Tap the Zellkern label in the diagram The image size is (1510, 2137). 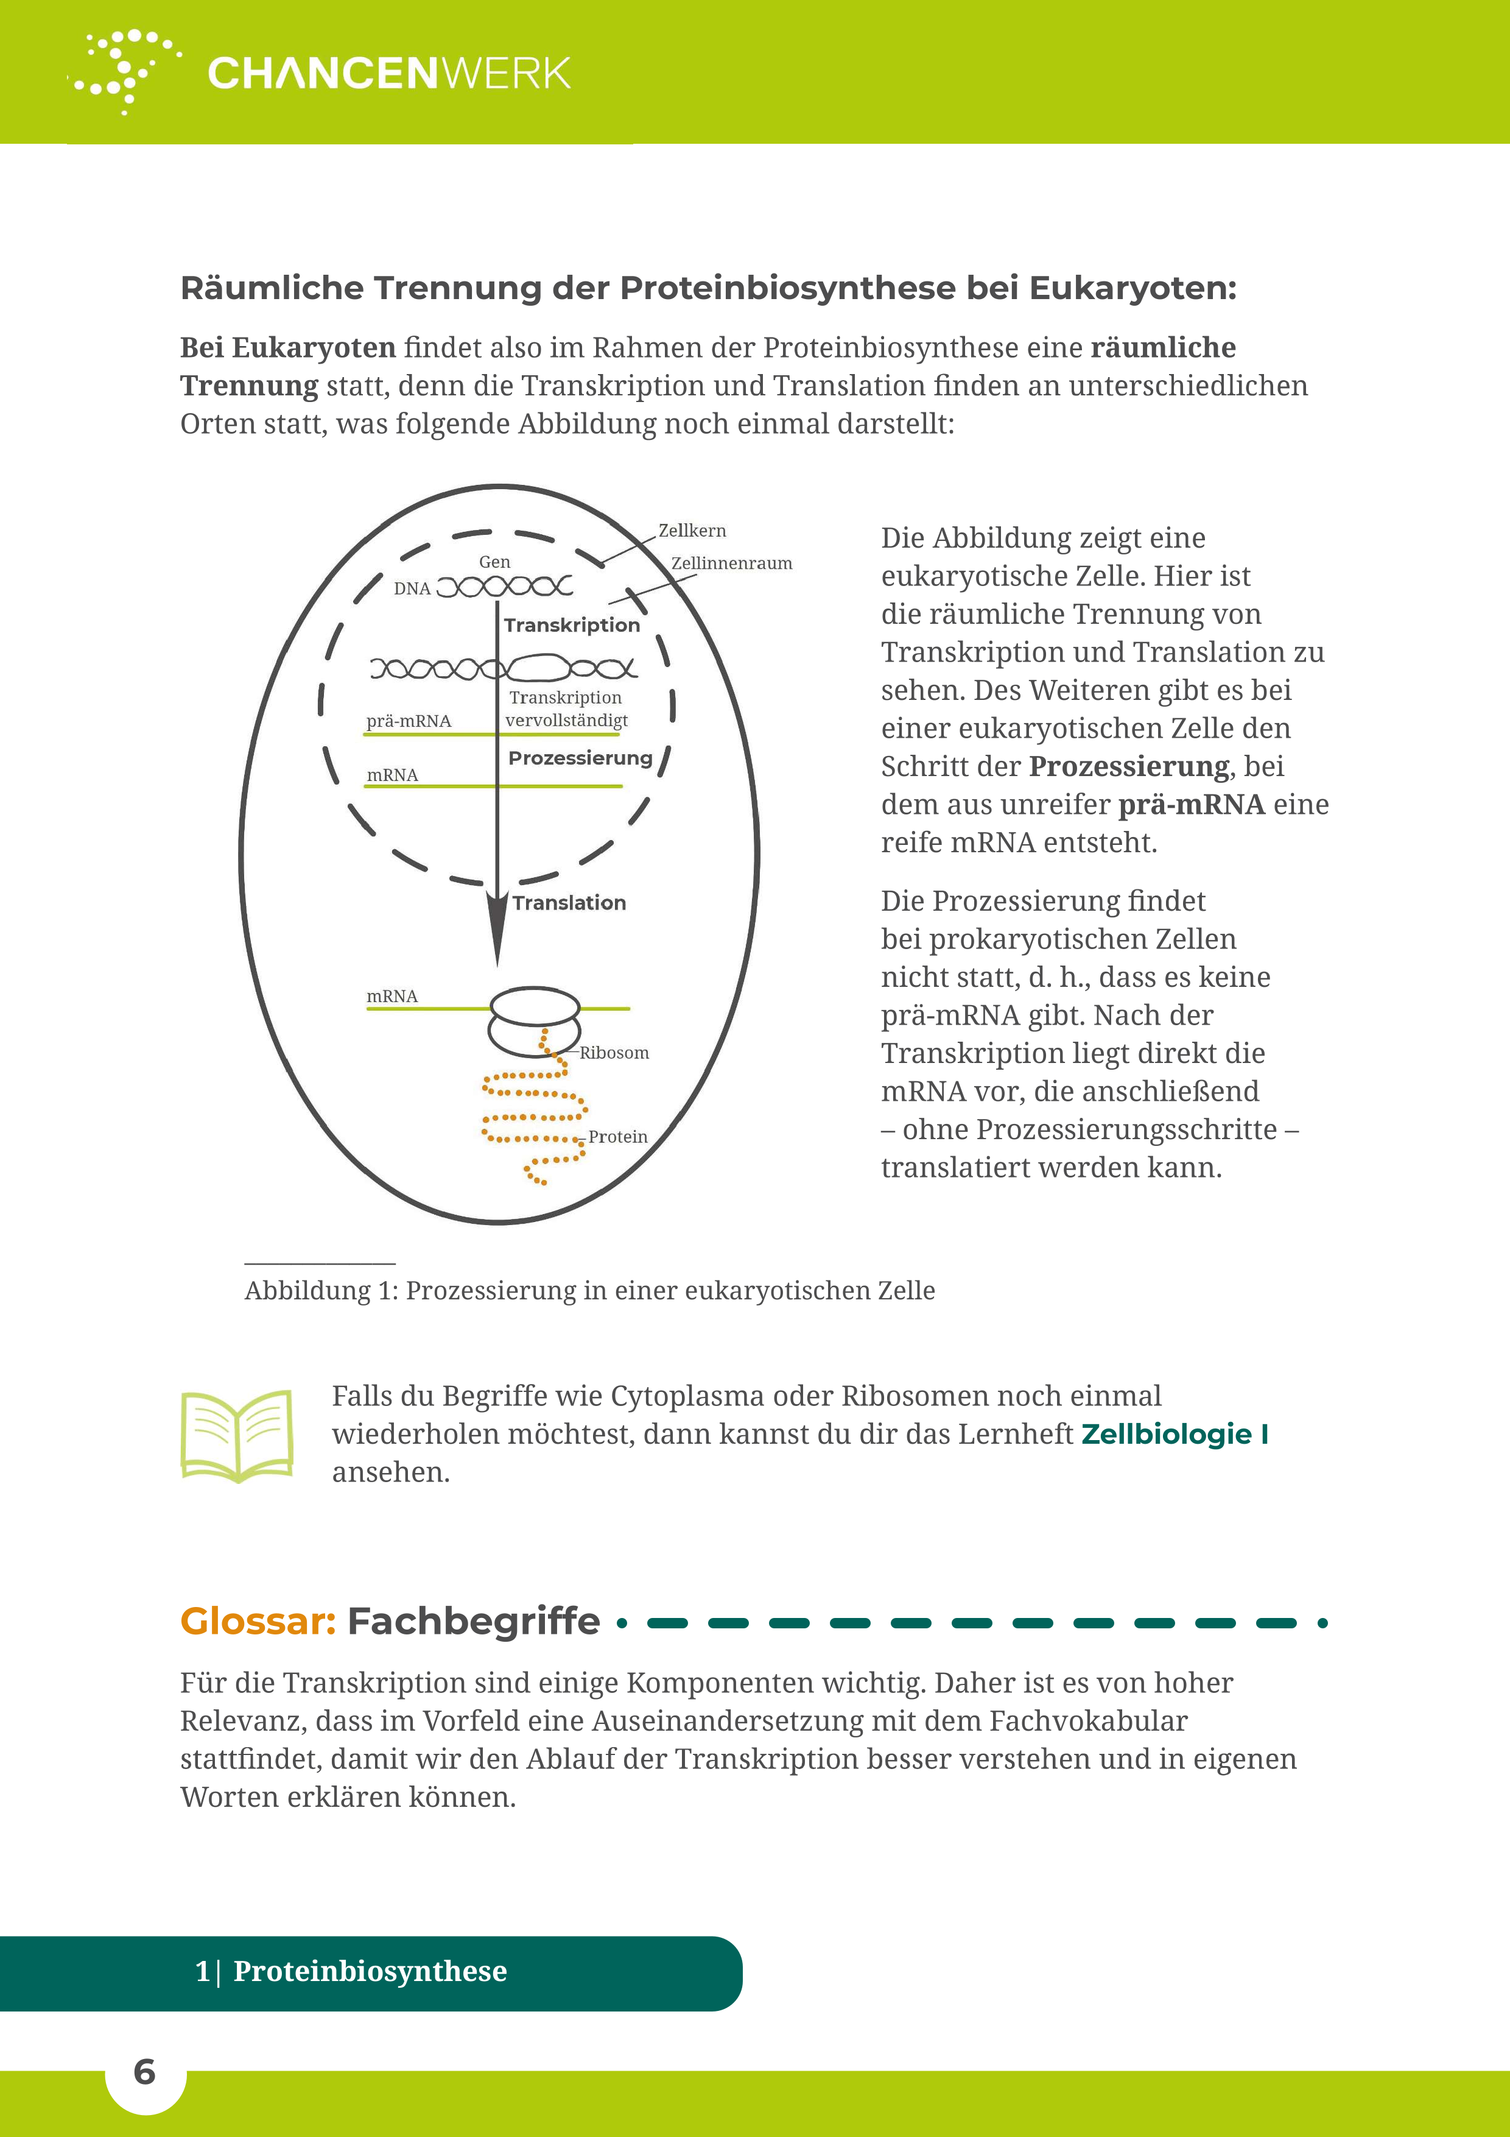692,531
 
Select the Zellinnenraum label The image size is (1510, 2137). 731,563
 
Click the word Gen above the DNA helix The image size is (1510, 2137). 494,562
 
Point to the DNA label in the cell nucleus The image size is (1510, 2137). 412,588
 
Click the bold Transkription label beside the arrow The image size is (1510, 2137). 571,626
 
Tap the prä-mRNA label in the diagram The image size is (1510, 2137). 409,721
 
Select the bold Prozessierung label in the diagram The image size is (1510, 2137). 580,758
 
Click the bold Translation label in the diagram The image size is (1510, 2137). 569,903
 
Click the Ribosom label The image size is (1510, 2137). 614,1053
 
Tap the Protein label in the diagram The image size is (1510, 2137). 618,1137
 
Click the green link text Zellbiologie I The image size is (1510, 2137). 1174,1434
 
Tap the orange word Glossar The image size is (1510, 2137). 258,1622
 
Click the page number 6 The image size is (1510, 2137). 144,2072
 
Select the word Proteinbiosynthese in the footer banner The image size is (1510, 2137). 370,1971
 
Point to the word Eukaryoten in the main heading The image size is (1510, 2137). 1132,289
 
